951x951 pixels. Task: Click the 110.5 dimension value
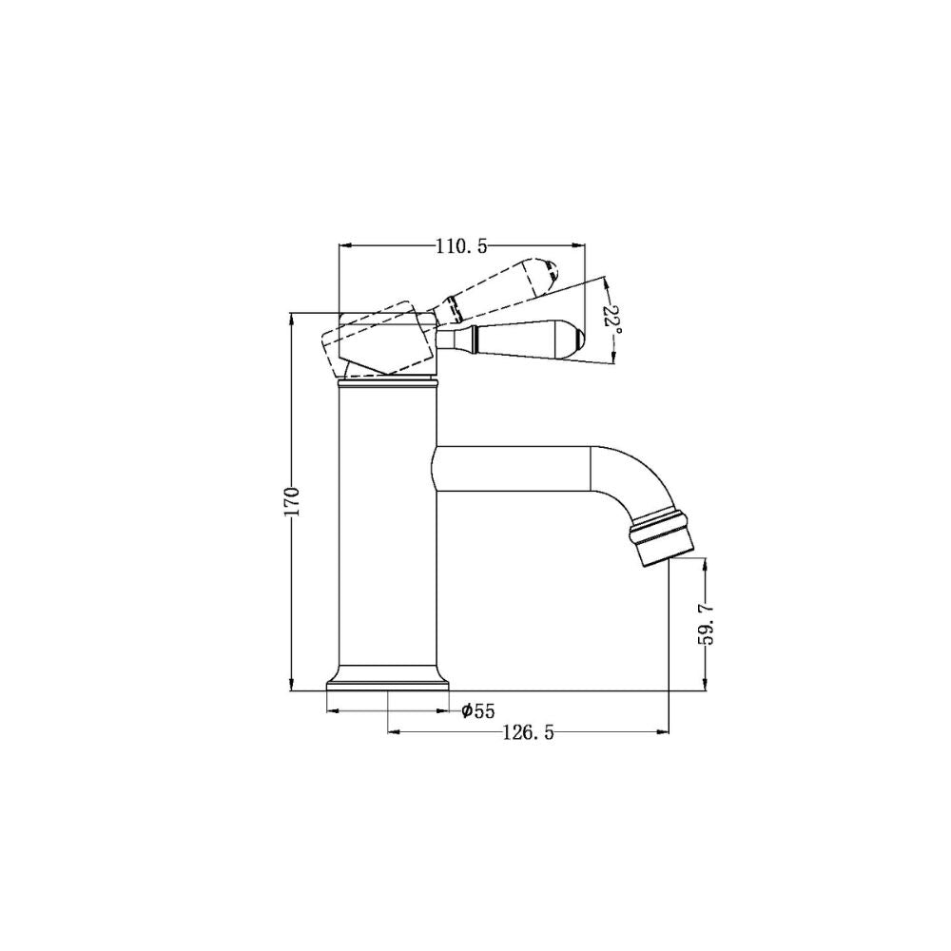(x=461, y=247)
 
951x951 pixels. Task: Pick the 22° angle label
(x=613, y=321)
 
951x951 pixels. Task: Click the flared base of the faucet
(x=387, y=676)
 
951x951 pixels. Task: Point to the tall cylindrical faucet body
(x=387, y=523)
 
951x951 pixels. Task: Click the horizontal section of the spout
(x=514, y=469)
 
